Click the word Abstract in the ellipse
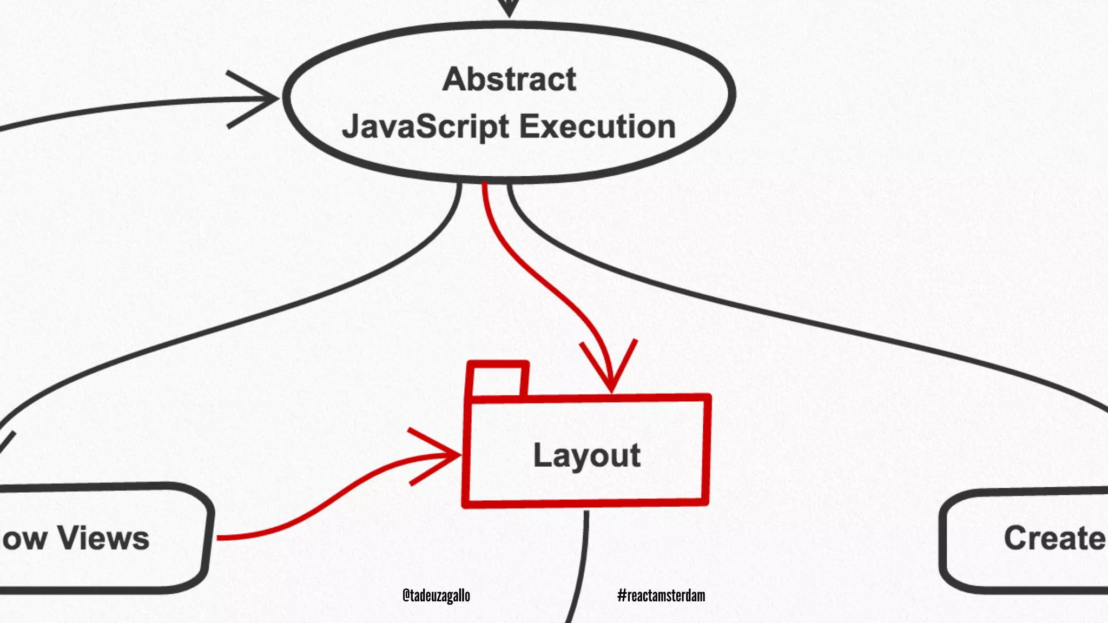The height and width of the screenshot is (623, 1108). [x=509, y=79]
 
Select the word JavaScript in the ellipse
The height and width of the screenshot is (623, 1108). [x=425, y=127]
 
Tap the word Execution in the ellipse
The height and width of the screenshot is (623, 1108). [x=597, y=127]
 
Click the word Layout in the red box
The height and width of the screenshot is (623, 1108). [x=587, y=455]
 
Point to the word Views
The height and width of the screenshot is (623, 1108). [x=103, y=538]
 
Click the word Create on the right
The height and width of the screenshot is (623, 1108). [x=1054, y=538]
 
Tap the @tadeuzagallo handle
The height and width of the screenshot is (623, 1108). [x=436, y=595]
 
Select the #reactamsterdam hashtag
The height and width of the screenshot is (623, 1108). [x=661, y=595]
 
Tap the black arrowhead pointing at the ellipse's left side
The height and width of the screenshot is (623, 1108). [x=265, y=99]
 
